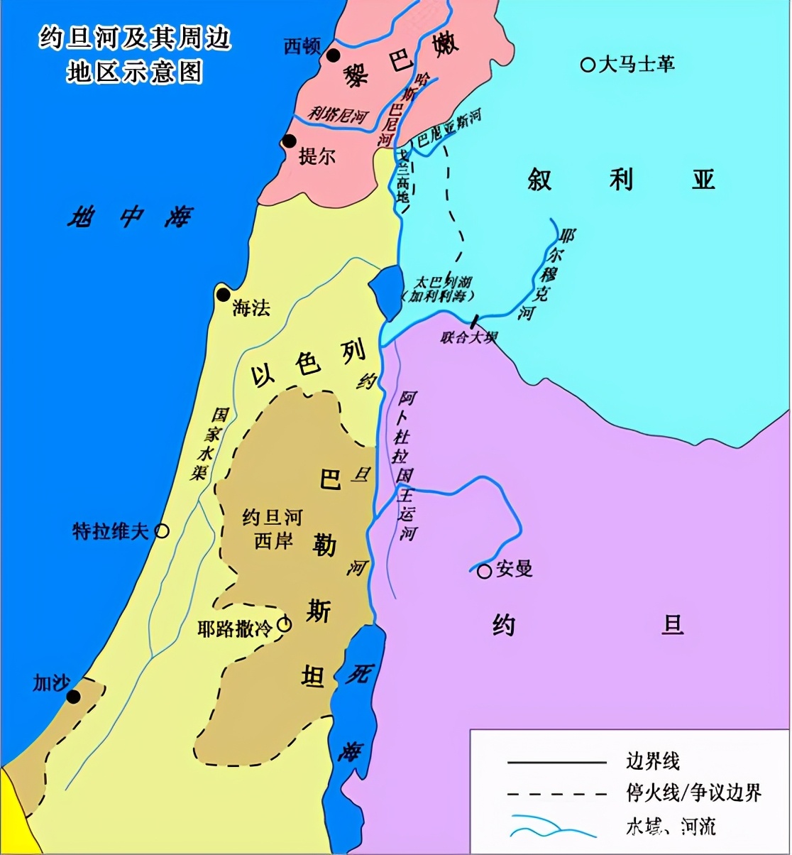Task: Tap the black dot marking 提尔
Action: click(290, 141)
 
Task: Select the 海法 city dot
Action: click(224, 295)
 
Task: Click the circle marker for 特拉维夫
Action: click(162, 530)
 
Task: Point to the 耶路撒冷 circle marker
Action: click(285, 624)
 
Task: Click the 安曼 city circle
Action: click(484, 571)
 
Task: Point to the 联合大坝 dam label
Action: click(468, 337)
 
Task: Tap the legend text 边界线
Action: click(653, 762)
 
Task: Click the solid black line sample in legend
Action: click(556, 763)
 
